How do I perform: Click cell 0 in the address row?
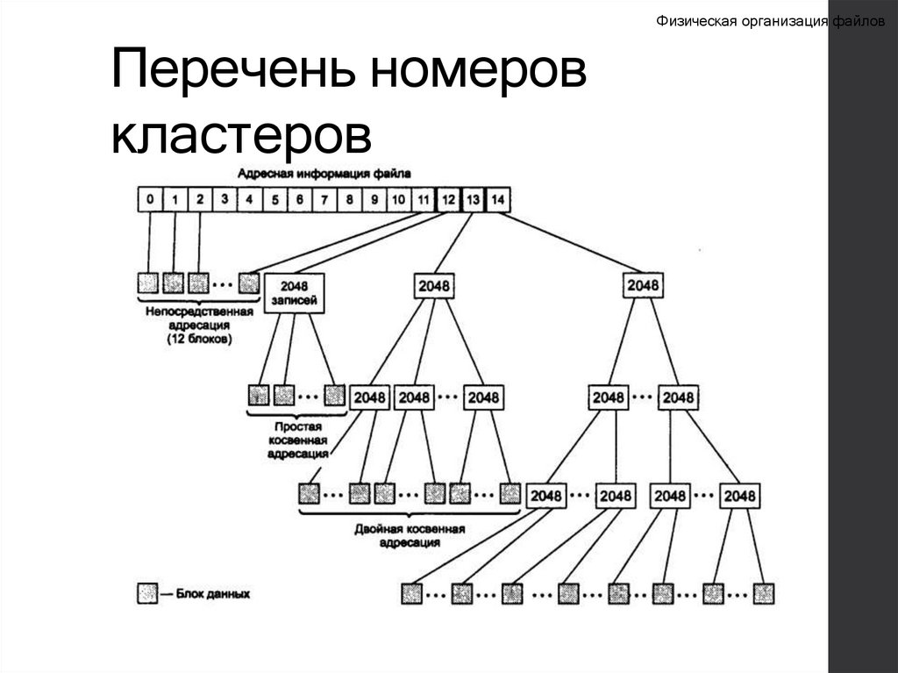150,200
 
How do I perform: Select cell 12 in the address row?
448,200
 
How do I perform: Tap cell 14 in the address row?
497,200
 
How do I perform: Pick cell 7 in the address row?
324,200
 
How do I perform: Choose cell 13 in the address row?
473,200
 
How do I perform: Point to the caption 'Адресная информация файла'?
324,174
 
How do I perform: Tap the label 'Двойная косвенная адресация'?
410,536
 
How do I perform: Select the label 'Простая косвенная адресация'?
297,439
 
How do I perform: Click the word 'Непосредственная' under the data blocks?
198,311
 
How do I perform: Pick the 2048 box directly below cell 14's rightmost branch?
643,286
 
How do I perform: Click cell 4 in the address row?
249,200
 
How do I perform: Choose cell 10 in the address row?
398,200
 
